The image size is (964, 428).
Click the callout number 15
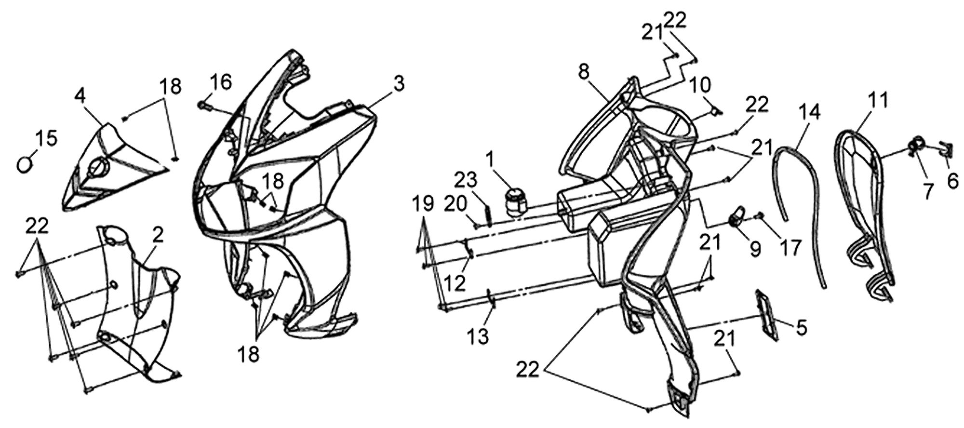coord(46,138)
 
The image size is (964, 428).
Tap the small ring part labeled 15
coord(23,164)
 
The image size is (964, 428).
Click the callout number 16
coord(221,82)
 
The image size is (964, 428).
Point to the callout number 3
coord(398,83)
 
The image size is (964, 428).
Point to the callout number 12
coord(455,283)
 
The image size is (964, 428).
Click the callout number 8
coord(584,72)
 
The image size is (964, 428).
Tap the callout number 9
coord(755,249)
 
